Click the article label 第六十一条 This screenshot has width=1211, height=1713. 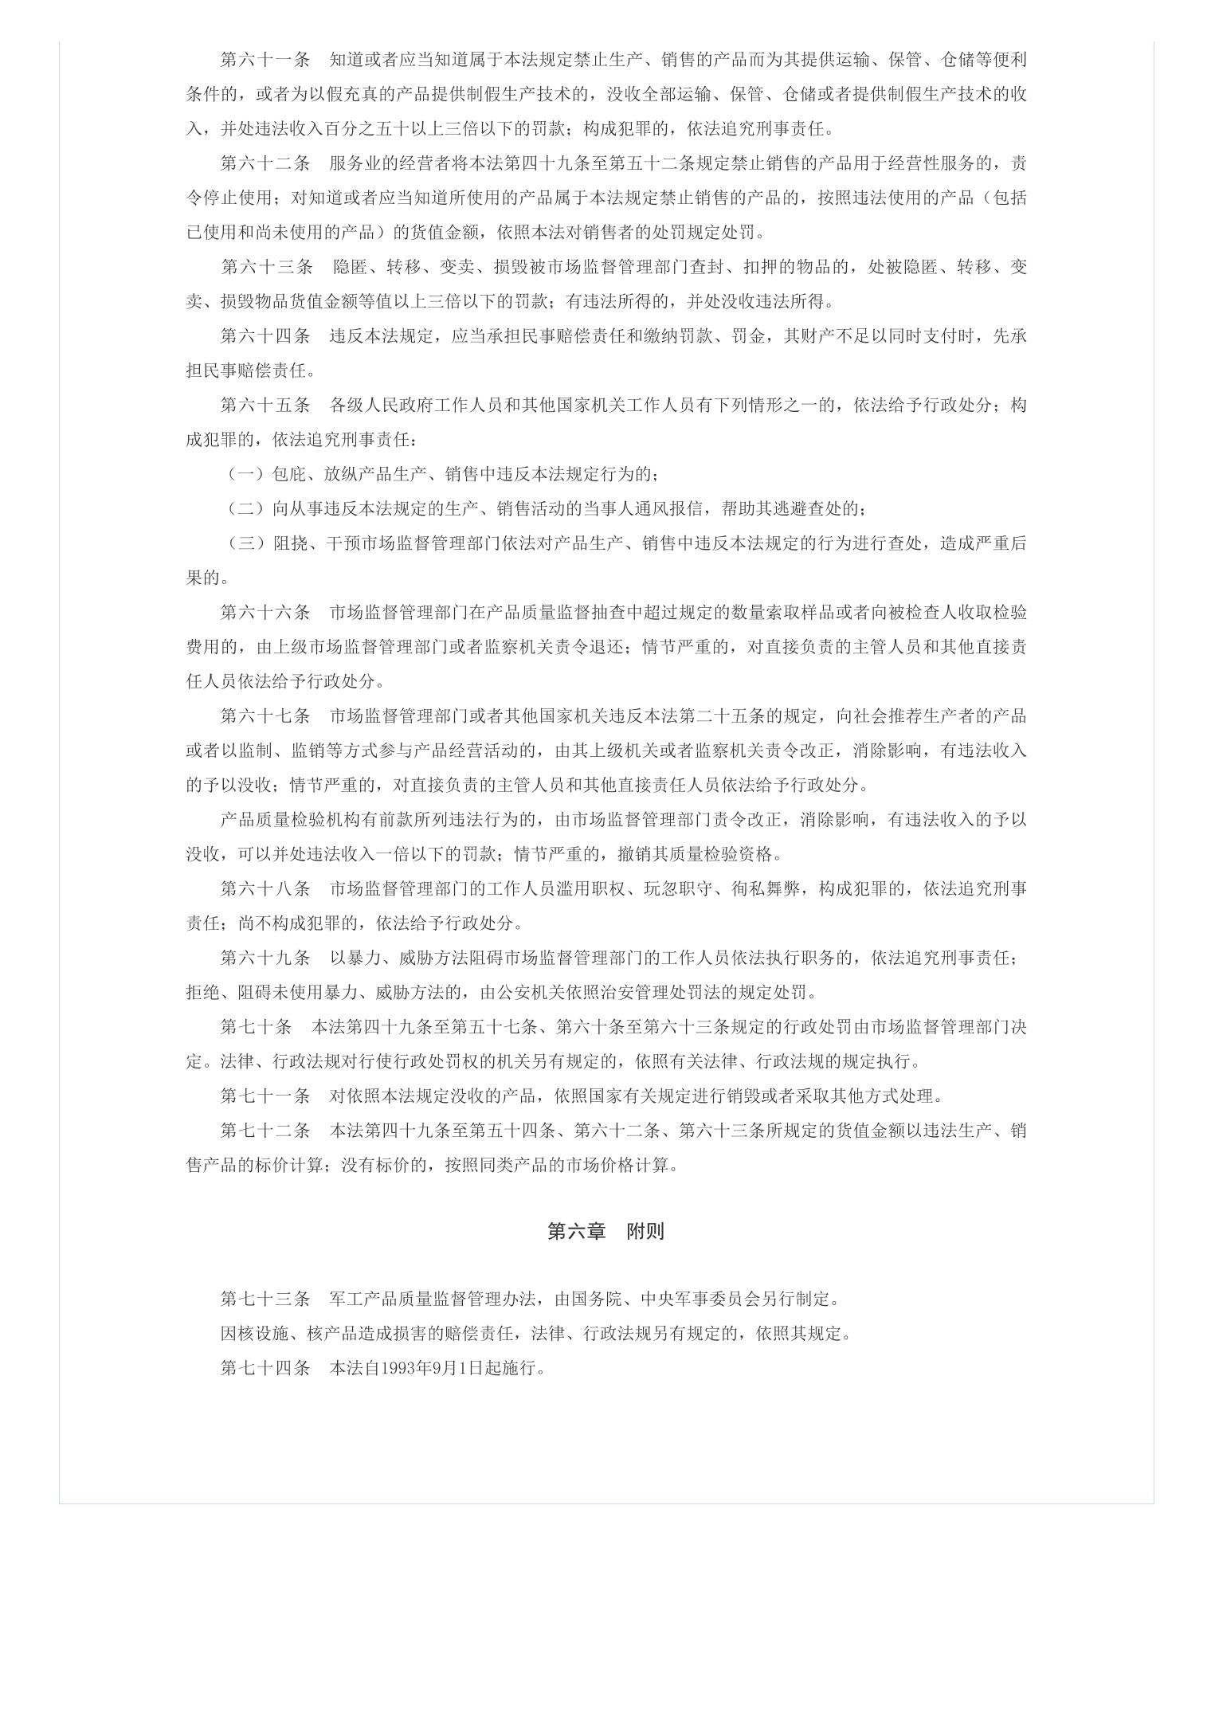pyautogui.click(x=265, y=60)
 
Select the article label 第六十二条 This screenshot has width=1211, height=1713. pyautogui.click(x=265, y=163)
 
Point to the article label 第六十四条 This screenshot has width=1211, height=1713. pyautogui.click(x=265, y=336)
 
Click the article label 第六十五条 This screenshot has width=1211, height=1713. pyautogui.click(x=265, y=406)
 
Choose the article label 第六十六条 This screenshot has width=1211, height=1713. pyautogui.click(x=265, y=613)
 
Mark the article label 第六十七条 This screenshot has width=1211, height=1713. pyautogui.click(x=265, y=716)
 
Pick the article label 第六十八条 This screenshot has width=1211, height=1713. pyautogui.click(x=265, y=889)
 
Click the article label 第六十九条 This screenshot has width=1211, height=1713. pyautogui.click(x=265, y=958)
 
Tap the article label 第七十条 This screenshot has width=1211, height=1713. pyautogui.click(x=257, y=1028)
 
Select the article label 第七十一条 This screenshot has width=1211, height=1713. pyautogui.click(x=265, y=1096)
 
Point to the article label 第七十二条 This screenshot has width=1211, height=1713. pyautogui.click(x=265, y=1131)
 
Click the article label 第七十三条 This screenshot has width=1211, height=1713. pyautogui.click(x=265, y=1299)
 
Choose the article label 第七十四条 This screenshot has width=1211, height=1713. pyautogui.click(x=265, y=1369)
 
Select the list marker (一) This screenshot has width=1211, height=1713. pyautogui.click(x=246, y=475)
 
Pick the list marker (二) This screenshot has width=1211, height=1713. pyautogui.click(x=246, y=509)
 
